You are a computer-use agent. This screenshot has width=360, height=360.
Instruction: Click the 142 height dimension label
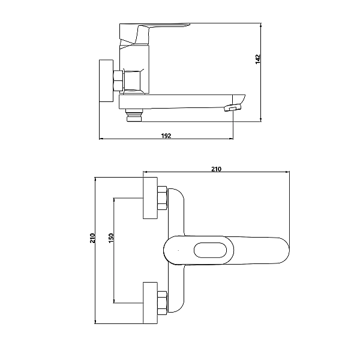pyautogui.click(x=258, y=59)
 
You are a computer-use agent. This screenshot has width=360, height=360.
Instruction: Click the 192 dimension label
pyautogui.click(x=166, y=136)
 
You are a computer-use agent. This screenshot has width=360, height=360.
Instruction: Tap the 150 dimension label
pyautogui.click(x=111, y=238)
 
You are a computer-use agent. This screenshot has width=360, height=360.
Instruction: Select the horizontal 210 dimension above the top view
pyautogui.click(x=216, y=169)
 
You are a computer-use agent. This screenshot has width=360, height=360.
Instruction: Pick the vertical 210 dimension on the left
pyautogui.click(x=92, y=238)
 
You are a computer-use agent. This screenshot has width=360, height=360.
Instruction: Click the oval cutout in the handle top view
pyautogui.click(x=211, y=250)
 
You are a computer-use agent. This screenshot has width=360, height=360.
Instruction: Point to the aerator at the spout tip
pyautogui.click(x=232, y=107)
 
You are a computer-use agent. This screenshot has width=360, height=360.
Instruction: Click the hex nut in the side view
pyautogui.click(x=118, y=80)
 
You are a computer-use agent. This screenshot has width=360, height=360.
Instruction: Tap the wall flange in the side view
pyautogui.click(x=106, y=81)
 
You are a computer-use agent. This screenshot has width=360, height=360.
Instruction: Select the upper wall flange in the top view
pyautogui.click(x=150, y=198)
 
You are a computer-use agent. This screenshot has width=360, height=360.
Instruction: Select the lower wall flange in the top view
pyautogui.click(x=150, y=303)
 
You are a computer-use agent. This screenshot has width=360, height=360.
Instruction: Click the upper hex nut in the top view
pyautogui.click(x=163, y=198)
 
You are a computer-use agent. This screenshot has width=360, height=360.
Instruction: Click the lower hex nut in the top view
pyautogui.click(x=163, y=303)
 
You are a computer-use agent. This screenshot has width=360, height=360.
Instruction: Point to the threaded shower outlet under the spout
pyautogui.click(x=134, y=115)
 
